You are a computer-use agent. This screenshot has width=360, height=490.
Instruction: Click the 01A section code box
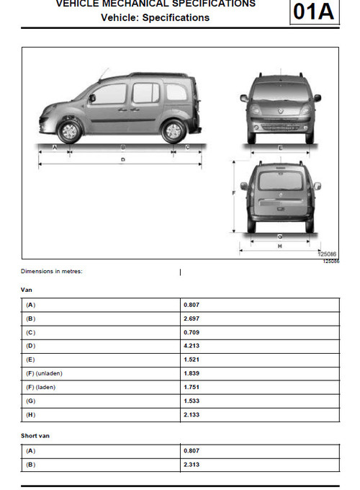(314, 13)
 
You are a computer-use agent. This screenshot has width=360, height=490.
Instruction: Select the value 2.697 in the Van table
(192, 318)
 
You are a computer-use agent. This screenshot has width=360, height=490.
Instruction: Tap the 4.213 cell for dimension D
(192, 345)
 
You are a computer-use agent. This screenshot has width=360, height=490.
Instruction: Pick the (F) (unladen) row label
(42, 373)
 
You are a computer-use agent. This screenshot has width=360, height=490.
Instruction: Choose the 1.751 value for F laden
(192, 387)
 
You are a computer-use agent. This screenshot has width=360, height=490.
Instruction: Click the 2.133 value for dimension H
(192, 414)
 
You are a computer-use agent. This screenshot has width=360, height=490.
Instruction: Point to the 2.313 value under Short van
(192, 464)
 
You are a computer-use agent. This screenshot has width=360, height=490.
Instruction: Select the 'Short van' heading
(35, 435)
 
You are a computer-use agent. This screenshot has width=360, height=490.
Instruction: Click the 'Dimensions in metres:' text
(52, 272)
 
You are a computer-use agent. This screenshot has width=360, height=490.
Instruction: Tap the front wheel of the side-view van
(69, 131)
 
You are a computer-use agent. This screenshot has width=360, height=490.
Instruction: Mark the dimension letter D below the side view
(123, 159)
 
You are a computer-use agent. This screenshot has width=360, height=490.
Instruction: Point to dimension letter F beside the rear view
(234, 194)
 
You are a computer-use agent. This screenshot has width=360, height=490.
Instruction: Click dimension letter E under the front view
(279, 147)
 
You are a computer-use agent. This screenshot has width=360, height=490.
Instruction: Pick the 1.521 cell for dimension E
(192, 359)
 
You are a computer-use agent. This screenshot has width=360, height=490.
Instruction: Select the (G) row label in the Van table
(30, 401)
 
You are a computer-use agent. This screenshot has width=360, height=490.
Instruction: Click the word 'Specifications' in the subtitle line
(176, 17)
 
